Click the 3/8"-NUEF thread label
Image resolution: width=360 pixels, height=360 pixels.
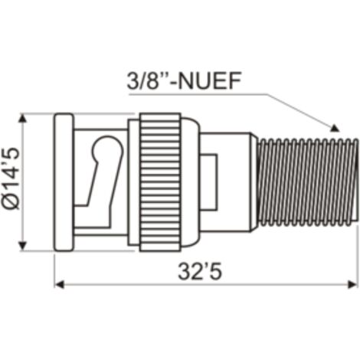pyautogui.click(x=184, y=80)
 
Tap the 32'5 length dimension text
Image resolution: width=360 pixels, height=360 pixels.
pyautogui.click(x=200, y=272)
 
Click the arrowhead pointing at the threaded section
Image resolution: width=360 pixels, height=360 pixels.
pyautogui.click(x=335, y=129)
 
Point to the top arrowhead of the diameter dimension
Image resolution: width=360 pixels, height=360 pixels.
pyautogui.click(x=23, y=118)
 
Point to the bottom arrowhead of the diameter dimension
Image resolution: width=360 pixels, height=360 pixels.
pyautogui.click(x=23, y=246)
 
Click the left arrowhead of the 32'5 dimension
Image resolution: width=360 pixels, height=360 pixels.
pyautogui.click(x=60, y=284)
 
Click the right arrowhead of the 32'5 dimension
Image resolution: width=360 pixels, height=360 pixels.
pyautogui.click(x=353, y=284)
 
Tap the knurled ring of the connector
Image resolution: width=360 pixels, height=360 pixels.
pyautogui.click(x=160, y=182)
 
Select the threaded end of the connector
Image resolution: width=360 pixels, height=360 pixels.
pyautogui.click(x=307, y=182)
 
